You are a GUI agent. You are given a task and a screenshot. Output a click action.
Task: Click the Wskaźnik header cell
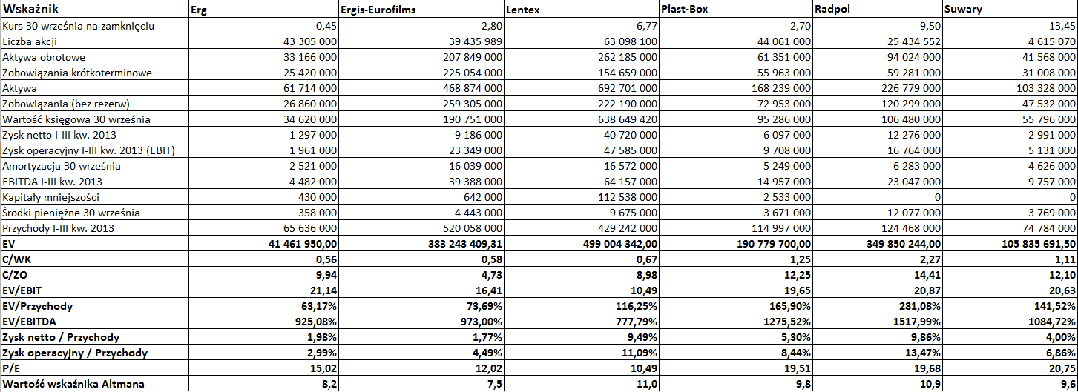[31, 9]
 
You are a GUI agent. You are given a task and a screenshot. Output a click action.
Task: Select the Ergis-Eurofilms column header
[378, 9]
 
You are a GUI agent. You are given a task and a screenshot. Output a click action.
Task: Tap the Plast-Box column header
[684, 9]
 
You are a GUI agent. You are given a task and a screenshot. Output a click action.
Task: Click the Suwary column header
[963, 9]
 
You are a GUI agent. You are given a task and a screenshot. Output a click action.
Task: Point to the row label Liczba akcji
[30, 41]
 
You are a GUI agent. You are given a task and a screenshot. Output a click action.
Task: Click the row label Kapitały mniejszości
[50, 197]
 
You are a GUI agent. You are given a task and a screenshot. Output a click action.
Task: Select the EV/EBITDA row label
[29, 322]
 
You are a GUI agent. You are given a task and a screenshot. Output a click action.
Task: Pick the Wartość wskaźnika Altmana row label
[73, 384]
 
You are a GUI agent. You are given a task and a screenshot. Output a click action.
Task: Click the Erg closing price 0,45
[326, 26]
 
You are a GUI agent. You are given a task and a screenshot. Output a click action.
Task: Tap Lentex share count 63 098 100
[631, 41]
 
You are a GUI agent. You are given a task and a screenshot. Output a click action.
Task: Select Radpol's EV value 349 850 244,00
[904, 244]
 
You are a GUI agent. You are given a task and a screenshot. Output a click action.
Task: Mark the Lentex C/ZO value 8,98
[646, 275]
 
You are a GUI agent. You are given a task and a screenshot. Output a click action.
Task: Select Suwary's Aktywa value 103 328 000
[1046, 88]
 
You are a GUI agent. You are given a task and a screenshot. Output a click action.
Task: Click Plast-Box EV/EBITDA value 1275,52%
[787, 322]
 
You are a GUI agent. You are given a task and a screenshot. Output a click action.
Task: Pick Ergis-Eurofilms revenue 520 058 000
[473, 228]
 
